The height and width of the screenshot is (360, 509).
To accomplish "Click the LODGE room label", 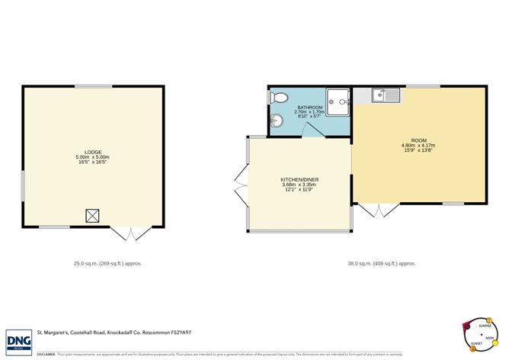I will click(93, 153).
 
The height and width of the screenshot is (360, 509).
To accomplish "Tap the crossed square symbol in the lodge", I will click(93, 216).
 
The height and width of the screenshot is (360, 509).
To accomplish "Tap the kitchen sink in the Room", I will click(386, 95).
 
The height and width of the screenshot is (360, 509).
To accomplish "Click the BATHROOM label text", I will click(310, 107).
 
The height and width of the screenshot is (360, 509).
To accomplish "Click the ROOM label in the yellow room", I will click(418, 140).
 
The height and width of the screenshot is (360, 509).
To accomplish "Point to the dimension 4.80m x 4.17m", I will click(418, 146).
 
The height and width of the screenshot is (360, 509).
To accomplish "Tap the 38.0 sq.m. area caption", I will click(381, 263).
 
